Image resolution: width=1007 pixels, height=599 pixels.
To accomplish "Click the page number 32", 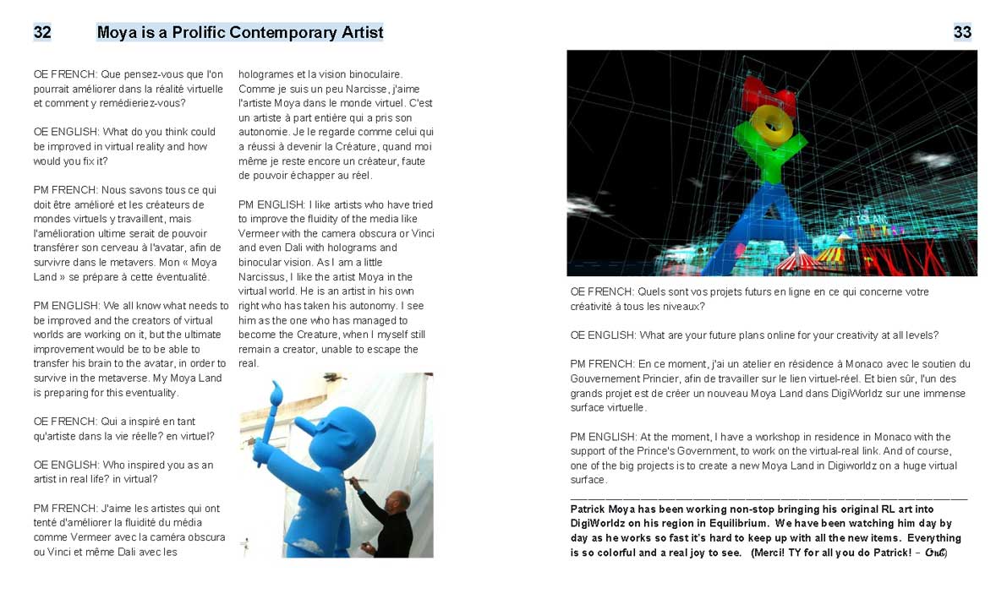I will click(x=42, y=33).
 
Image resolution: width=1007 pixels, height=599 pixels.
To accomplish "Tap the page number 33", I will click(x=962, y=33).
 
